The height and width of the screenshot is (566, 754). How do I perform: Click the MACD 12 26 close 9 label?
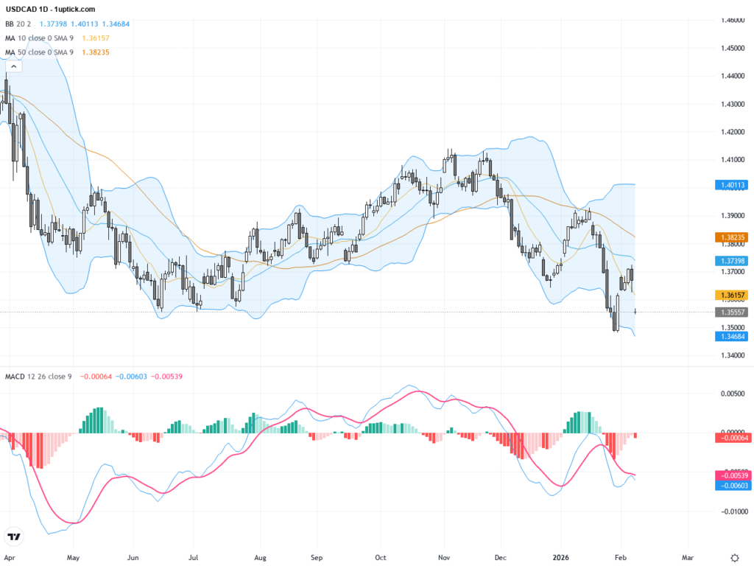pyautogui.click(x=39, y=377)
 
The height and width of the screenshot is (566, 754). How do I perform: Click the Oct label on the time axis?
pyautogui.click(x=380, y=558)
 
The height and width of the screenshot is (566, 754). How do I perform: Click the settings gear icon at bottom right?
pyautogui.click(x=734, y=558)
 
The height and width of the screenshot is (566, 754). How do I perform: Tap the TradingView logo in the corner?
pyautogui.click(x=13, y=537)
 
